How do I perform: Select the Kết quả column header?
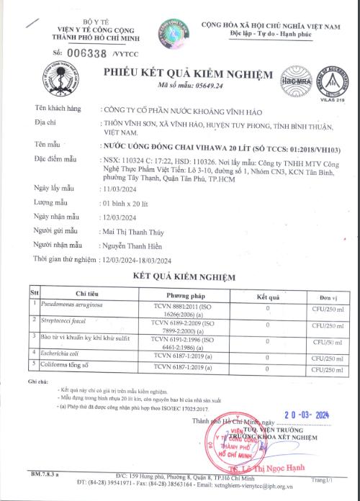[x=268, y=294]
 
